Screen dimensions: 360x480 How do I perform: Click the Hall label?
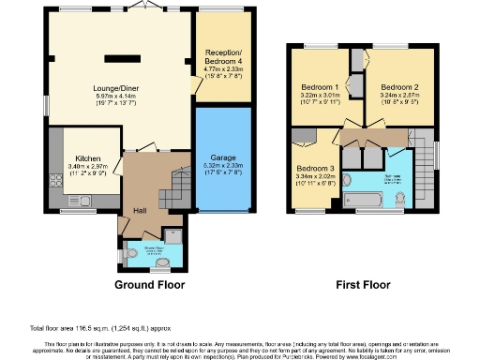tap(140, 210)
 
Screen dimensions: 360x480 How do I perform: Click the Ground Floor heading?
tap(149, 283)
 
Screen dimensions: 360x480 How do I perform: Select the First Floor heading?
tap(363, 283)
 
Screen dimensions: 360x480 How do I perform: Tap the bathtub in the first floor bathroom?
tap(368, 200)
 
